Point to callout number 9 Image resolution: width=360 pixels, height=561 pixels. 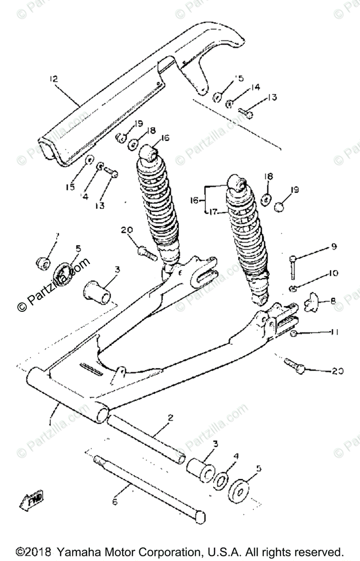pyautogui.click(x=334, y=246)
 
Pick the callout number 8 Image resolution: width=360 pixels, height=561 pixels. pyautogui.click(x=333, y=302)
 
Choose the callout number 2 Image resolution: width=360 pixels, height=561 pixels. pyautogui.click(x=170, y=417)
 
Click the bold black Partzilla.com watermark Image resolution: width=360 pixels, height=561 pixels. pyautogui.click(x=53, y=285)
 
